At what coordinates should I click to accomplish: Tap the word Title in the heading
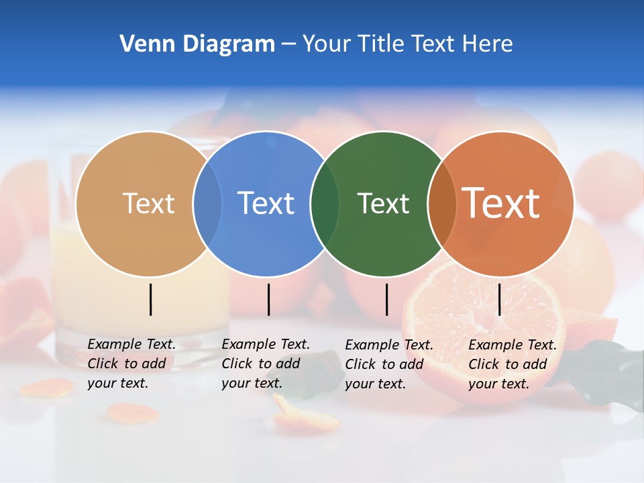click(x=385, y=44)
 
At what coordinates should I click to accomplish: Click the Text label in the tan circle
click(x=148, y=203)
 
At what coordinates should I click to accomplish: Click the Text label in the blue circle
click(x=266, y=203)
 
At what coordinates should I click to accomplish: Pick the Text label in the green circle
click(x=383, y=203)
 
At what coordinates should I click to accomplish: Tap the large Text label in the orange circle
click(x=501, y=203)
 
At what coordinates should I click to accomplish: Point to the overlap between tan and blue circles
click(x=207, y=203)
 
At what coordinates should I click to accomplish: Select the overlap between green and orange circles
click(x=442, y=203)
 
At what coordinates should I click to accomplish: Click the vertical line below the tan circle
click(x=151, y=299)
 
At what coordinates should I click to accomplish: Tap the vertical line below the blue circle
click(x=268, y=299)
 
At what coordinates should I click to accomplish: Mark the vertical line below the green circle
click(x=386, y=299)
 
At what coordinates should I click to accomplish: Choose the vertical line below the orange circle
click(x=499, y=299)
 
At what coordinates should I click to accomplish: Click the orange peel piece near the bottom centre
click(x=307, y=416)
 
